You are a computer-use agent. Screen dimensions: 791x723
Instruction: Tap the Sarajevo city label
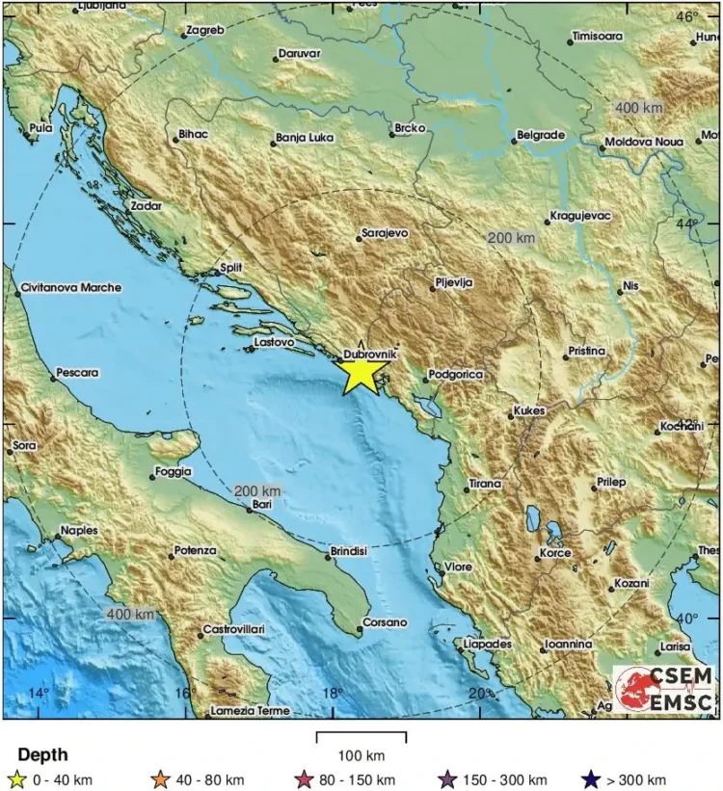click(385, 233)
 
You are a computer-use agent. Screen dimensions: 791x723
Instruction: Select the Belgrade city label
click(540, 136)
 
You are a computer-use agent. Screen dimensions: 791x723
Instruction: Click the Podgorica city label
click(454, 374)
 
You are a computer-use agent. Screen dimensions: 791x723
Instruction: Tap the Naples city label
click(79, 530)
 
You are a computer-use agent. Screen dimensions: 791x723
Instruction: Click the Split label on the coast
click(231, 268)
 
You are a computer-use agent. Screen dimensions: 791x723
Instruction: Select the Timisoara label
click(597, 37)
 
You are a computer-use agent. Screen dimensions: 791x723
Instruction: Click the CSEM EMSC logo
click(665, 688)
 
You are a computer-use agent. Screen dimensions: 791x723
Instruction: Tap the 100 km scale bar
click(361, 738)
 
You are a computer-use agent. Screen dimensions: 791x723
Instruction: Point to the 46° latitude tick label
click(687, 16)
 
